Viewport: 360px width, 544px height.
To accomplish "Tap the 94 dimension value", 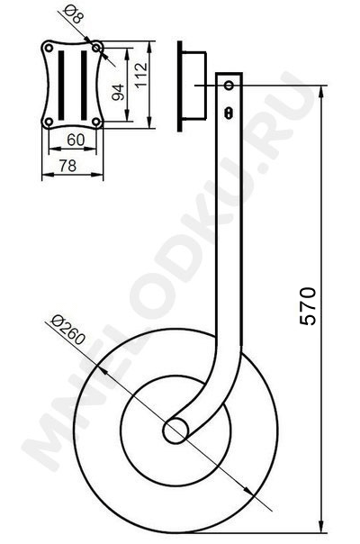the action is click(x=119, y=92).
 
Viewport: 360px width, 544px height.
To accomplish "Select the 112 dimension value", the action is click(x=141, y=76).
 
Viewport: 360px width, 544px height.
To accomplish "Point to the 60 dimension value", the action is click(x=76, y=140).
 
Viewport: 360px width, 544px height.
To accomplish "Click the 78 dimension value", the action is click(x=67, y=166).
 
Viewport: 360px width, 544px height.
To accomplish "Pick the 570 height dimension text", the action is click(x=308, y=306).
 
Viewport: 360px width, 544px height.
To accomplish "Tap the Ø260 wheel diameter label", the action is click(x=67, y=330).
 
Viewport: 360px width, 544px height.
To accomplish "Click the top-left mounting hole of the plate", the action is click(x=49, y=48).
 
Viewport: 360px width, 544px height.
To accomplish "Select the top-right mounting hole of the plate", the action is click(x=96, y=48).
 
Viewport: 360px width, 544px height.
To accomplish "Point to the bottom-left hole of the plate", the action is click(x=49, y=122).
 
